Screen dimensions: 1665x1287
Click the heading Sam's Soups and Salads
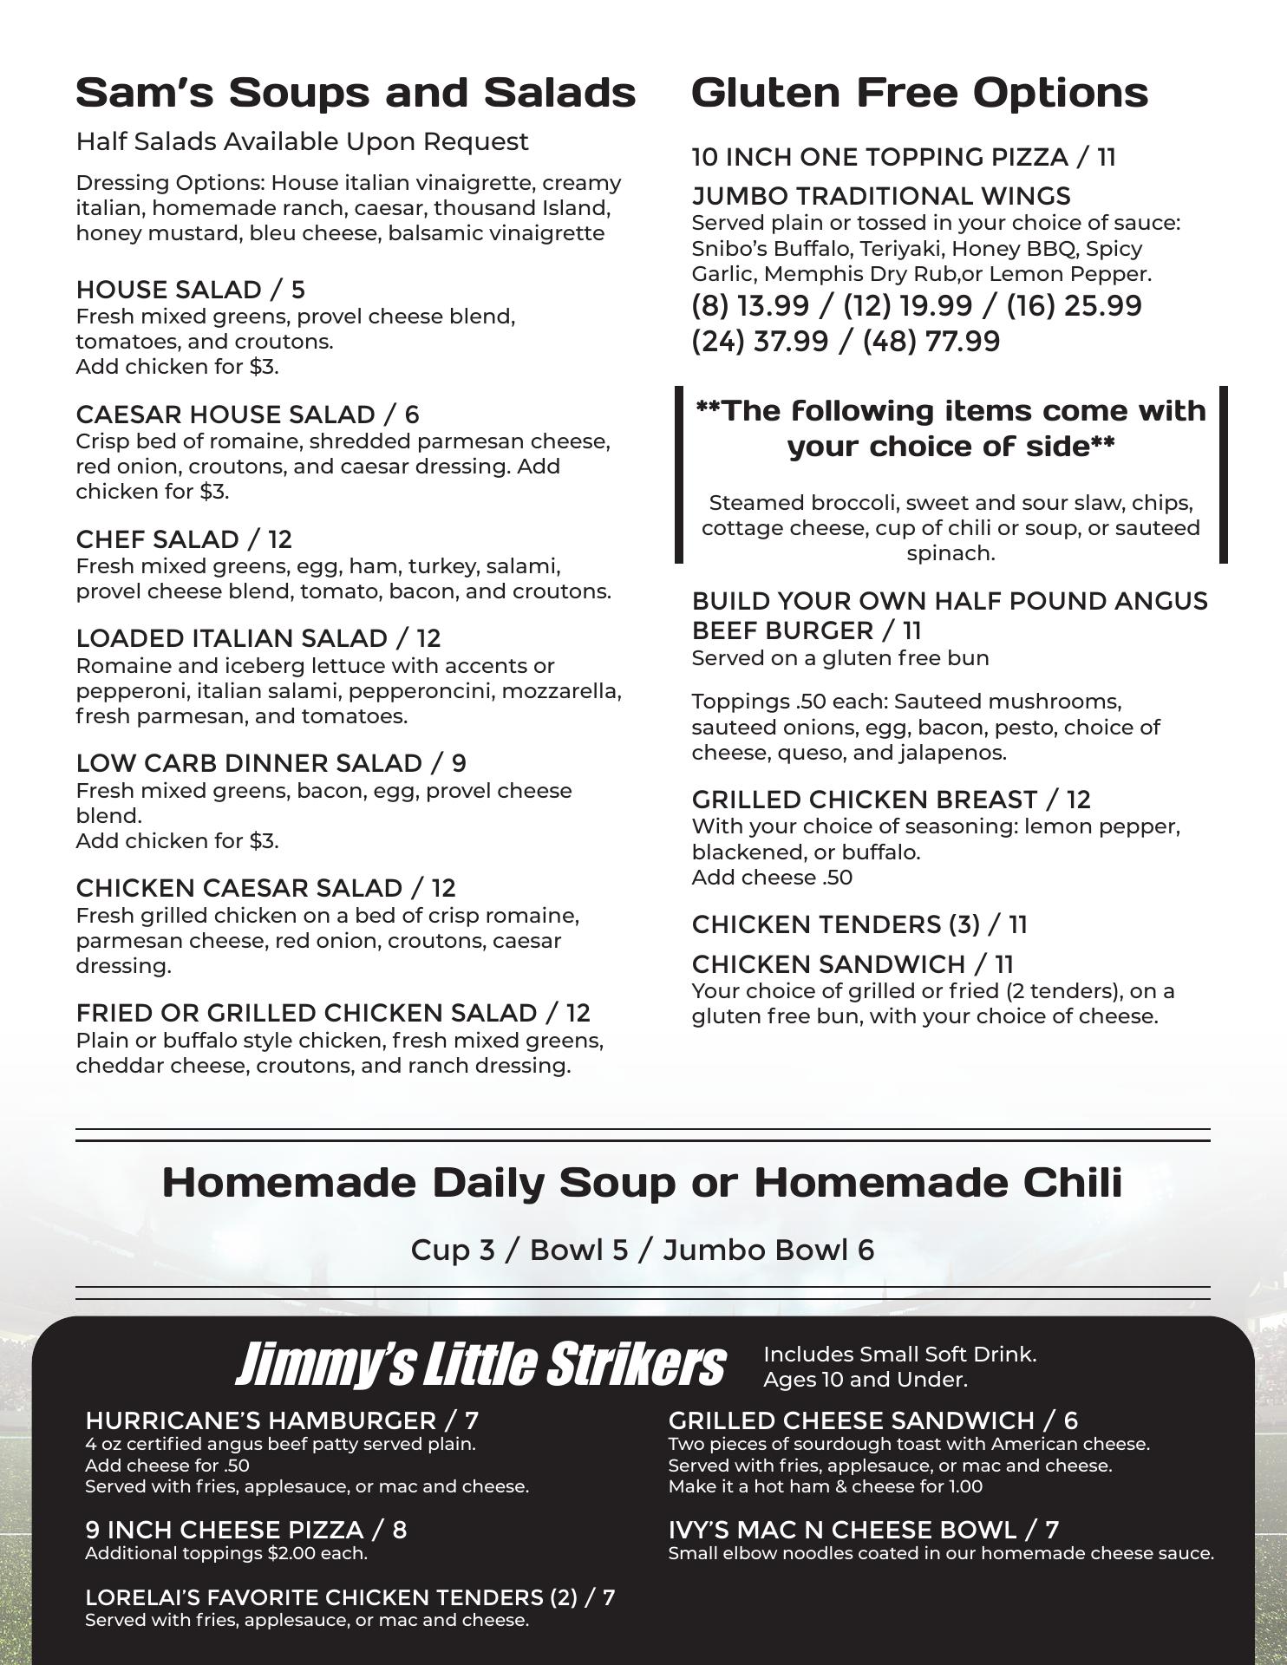pyautogui.click(x=356, y=93)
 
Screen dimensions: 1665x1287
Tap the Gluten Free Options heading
pyautogui.click(x=919, y=93)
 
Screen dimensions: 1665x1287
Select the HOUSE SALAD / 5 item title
pyautogui.click(x=190, y=290)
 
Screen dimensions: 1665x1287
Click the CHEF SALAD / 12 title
pyautogui.click(x=184, y=539)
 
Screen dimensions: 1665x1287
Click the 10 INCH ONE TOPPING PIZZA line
pyautogui.click(x=903, y=157)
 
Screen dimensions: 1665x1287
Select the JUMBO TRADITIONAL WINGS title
pyautogui.click(x=880, y=196)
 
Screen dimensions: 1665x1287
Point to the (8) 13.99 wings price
pyautogui.click(x=750, y=306)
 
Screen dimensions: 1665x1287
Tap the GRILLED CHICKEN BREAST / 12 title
pyautogui.click(x=891, y=800)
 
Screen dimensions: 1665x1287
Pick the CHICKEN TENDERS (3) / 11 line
pyautogui.click(x=859, y=924)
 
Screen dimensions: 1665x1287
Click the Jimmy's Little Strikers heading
pyautogui.click(x=480, y=1365)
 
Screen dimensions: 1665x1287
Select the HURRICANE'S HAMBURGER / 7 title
pyautogui.click(x=282, y=1420)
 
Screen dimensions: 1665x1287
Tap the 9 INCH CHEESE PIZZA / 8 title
pyautogui.click(x=245, y=1530)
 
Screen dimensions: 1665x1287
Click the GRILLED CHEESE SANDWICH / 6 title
pyautogui.click(x=872, y=1420)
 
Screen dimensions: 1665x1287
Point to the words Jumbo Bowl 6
pyautogui.click(x=768, y=1250)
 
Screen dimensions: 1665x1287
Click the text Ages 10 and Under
pyautogui.click(x=865, y=1379)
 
